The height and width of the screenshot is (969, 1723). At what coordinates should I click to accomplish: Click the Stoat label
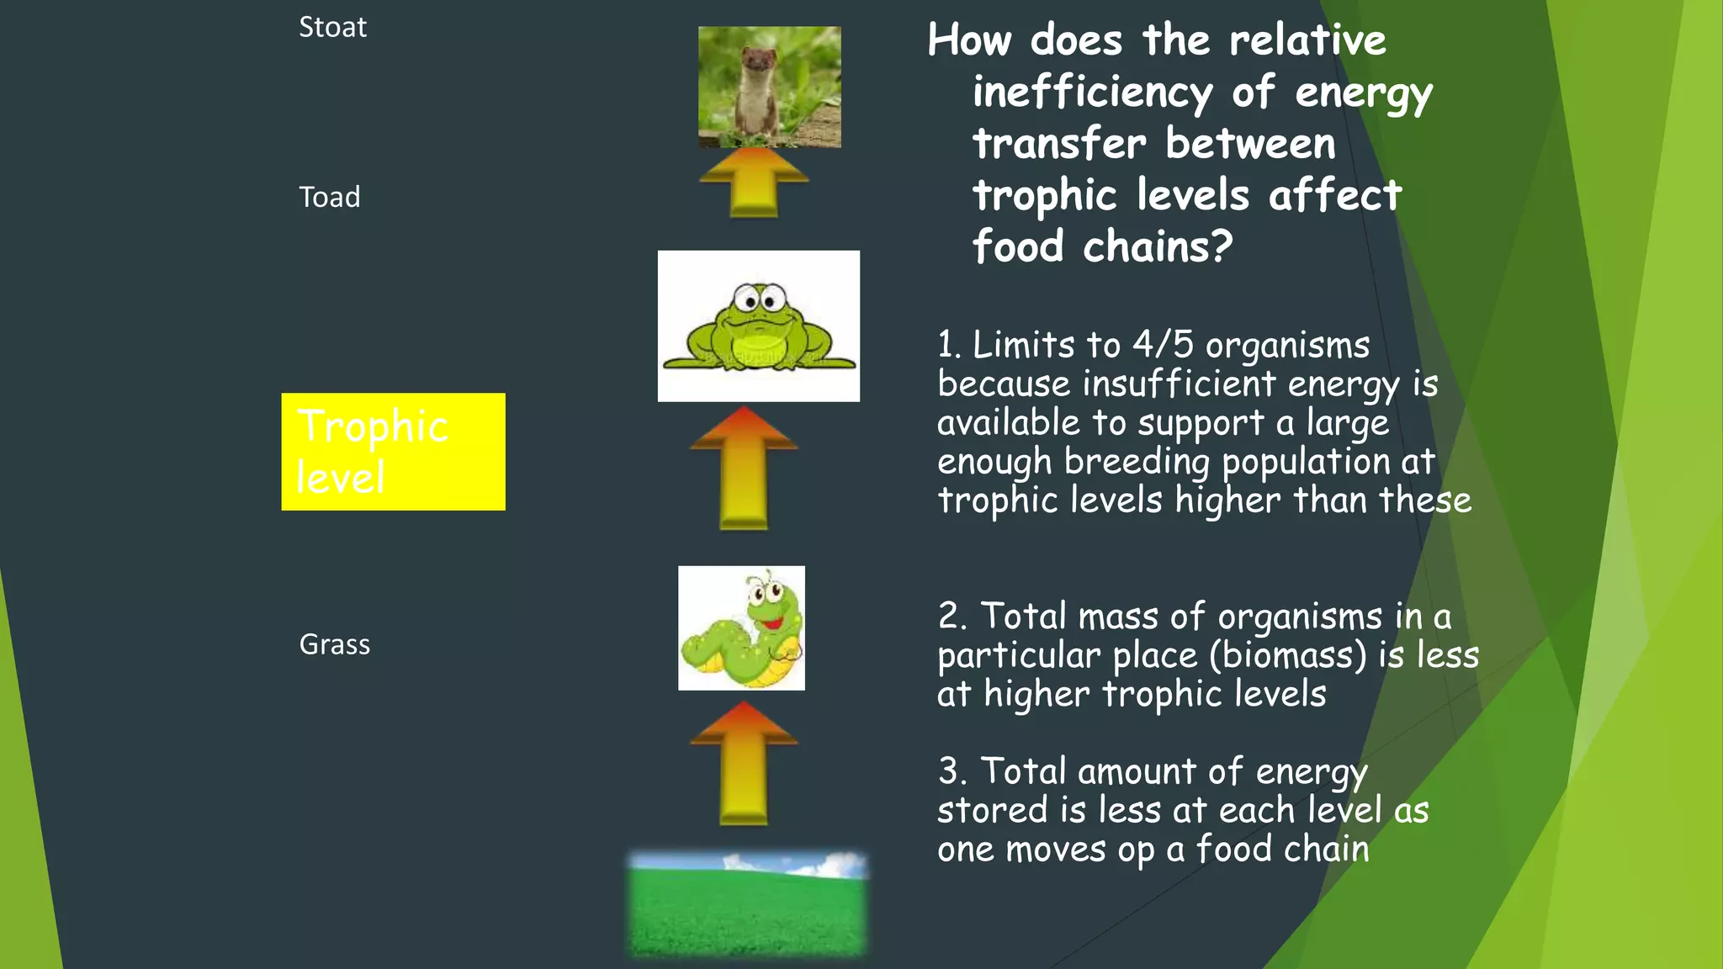coord(332,28)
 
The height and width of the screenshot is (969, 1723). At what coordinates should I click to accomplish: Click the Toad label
coord(329,198)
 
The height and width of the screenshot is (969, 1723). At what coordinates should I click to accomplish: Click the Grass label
coord(334,644)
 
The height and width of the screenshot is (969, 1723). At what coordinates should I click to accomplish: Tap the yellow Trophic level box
coord(393,452)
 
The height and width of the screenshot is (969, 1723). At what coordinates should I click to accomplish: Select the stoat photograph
coord(769,87)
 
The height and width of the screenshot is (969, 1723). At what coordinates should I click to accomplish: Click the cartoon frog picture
coord(758,326)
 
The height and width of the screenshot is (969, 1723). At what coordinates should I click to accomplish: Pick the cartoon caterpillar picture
coord(741,628)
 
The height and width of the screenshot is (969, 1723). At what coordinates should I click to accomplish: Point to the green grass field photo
coord(747,904)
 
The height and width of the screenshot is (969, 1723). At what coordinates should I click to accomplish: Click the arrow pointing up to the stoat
coord(754,183)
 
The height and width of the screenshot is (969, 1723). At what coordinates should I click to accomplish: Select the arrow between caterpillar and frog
coord(744,468)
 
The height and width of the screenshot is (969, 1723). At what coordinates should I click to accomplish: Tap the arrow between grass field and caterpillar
coord(744,763)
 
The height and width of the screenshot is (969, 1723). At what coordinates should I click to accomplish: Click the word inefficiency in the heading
coord(1092,92)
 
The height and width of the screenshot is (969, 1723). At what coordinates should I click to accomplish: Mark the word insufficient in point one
coord(1180,384)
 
